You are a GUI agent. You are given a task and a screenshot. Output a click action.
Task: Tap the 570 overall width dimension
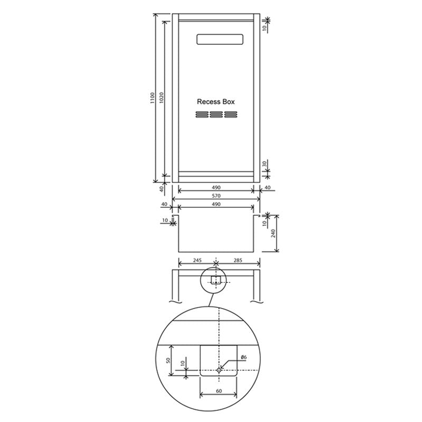(x=216, y=196)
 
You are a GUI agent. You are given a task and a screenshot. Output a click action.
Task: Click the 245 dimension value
(x=197, y=261)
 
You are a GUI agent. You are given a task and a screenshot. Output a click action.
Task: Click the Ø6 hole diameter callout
(x=244, y=358)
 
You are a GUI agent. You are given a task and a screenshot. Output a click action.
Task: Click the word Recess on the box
(x=208, y=101)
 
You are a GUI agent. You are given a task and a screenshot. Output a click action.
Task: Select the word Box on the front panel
(x=228, y=101)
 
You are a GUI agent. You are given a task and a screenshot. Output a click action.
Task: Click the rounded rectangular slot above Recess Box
(x=219, y=40)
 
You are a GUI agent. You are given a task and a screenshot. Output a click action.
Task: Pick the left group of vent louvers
(x=203, y=115)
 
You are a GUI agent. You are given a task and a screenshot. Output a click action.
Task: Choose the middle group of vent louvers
(x=216, y=115)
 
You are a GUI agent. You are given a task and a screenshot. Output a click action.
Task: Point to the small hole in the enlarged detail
(x=219, y=370)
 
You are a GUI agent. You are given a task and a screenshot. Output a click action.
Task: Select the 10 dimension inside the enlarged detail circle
(x=182, y=365)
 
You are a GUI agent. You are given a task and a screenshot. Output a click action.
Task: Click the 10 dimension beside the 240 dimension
(x=264, y=223)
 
